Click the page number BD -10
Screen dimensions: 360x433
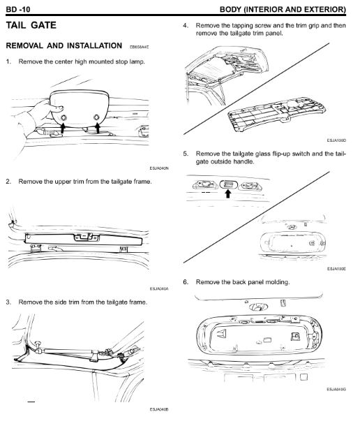tap(18, 9)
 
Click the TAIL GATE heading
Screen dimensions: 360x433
tap(31, 25)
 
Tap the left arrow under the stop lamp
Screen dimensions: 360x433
tap(63, 128)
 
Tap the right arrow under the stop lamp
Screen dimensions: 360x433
tap(97, 128)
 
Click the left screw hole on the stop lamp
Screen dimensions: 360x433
tap(63, 118)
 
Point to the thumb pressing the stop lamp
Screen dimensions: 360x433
tap(57, 108)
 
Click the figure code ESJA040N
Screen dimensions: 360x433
tap(159, 168)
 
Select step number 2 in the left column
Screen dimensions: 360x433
tap(8, 182)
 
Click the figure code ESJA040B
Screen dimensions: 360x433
tap(159, 409)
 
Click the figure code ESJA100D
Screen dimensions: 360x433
tap(336, 140)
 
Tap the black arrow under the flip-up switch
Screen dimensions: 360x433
tap(228, 193)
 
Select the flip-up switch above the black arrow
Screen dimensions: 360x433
tap(228, 184)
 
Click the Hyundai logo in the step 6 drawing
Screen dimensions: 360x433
tap(258, 307)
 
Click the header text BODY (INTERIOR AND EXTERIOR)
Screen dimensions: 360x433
tap(283, 9)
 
